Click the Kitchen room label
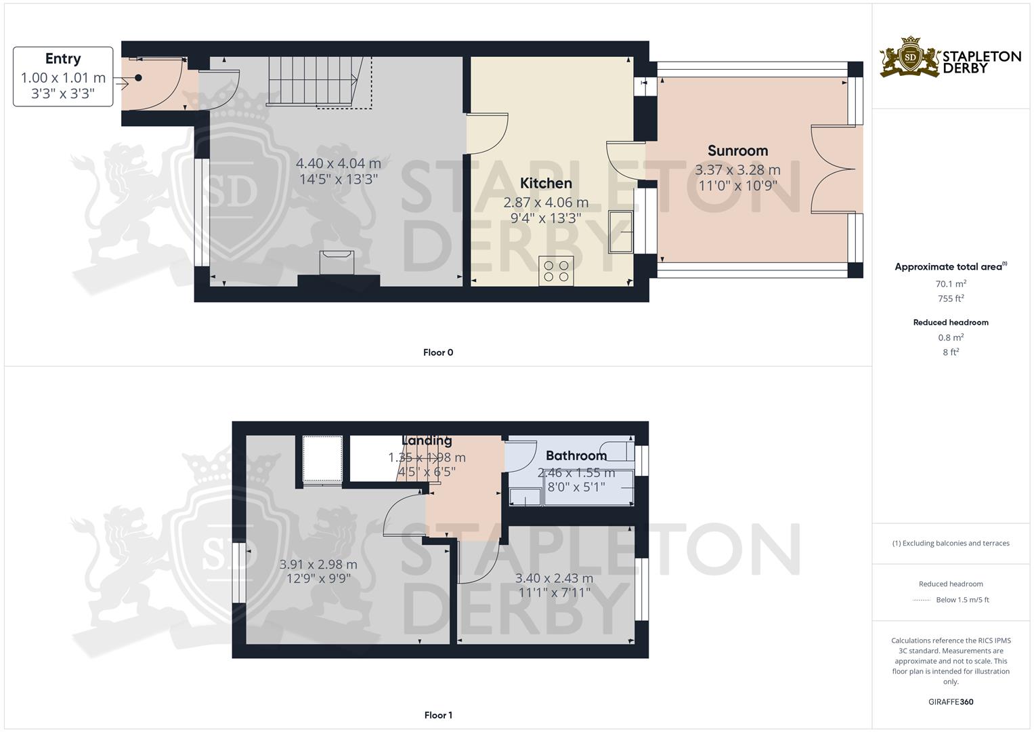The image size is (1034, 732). [x=546, y=184]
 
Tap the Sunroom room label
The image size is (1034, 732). [x=737, y=150]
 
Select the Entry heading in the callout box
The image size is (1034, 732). [x=63, y=59]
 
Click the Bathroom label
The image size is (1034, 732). [x=576, y=455]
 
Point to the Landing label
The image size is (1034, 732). [x=427, y=441]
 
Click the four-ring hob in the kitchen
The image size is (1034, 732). [x=556, y=271]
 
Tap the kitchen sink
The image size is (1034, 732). [x=620, y=232]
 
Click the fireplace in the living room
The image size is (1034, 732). [x=337, y=262]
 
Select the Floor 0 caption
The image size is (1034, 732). [x=438, y=352]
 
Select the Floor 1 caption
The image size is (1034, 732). [x=438, y=715]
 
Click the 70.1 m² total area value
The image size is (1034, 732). [x=951, y=284]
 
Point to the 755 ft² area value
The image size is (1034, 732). [x=951, y=298]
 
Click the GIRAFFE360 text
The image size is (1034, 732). [x=951, y=702]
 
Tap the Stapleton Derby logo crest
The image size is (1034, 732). [x=910, y=57]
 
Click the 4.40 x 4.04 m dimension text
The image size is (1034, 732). [x=339, y=163]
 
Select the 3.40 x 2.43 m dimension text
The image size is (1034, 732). [x=554, y=578]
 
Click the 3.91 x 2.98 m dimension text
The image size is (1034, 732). [x=318, y=564]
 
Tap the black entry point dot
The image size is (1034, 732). [x=138, y=78]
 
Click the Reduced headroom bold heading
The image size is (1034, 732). [x=951, y=323]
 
